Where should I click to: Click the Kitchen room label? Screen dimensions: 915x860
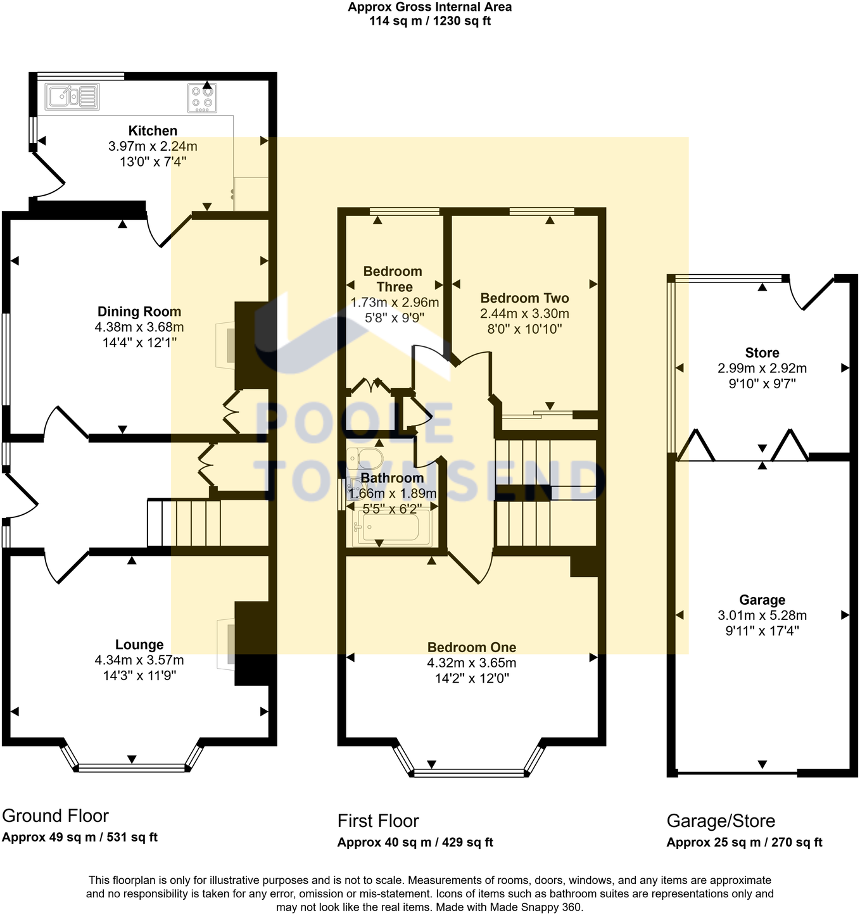click(x=153, y=131)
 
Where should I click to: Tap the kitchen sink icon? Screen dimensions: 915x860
click(x=72, y=97)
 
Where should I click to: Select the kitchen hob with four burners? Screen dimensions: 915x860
click(x=202, y=98)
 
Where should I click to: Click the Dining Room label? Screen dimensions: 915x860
click(x=139, y=312)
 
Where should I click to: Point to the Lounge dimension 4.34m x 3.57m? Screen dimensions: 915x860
click(x=139, y=660)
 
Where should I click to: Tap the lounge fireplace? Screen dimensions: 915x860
click(x=227, y=643)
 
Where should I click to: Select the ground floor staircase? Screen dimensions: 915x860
click(x=190, y=523)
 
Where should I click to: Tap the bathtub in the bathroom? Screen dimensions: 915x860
click(x=391, y=527)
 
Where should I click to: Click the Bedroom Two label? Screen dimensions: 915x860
click(x=524, y=298)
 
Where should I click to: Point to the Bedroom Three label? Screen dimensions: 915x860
click(x=393, y=279)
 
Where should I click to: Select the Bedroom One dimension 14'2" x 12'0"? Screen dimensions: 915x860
click(x=471, y=679)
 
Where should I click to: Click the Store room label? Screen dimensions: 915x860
click(x=762, y=353)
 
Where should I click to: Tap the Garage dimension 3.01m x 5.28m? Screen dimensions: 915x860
click(x=762, y=615)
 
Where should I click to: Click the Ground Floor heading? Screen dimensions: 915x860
click(x=55, y=816)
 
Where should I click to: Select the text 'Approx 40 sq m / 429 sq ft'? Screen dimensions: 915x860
click(x=415, y=843)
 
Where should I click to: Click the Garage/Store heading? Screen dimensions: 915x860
click(x=721, y=821)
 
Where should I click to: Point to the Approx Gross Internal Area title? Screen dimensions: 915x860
click(x=429, y=7)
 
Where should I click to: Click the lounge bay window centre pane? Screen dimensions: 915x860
click(x=132, y=767)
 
